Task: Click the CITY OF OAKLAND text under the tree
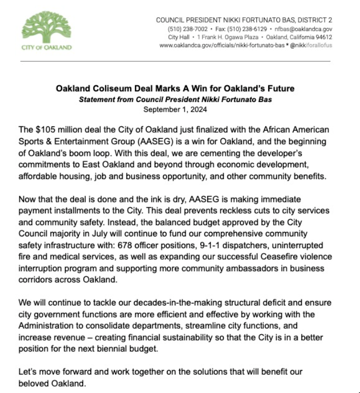click(46, 48)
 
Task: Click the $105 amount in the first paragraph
click(49, 130)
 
